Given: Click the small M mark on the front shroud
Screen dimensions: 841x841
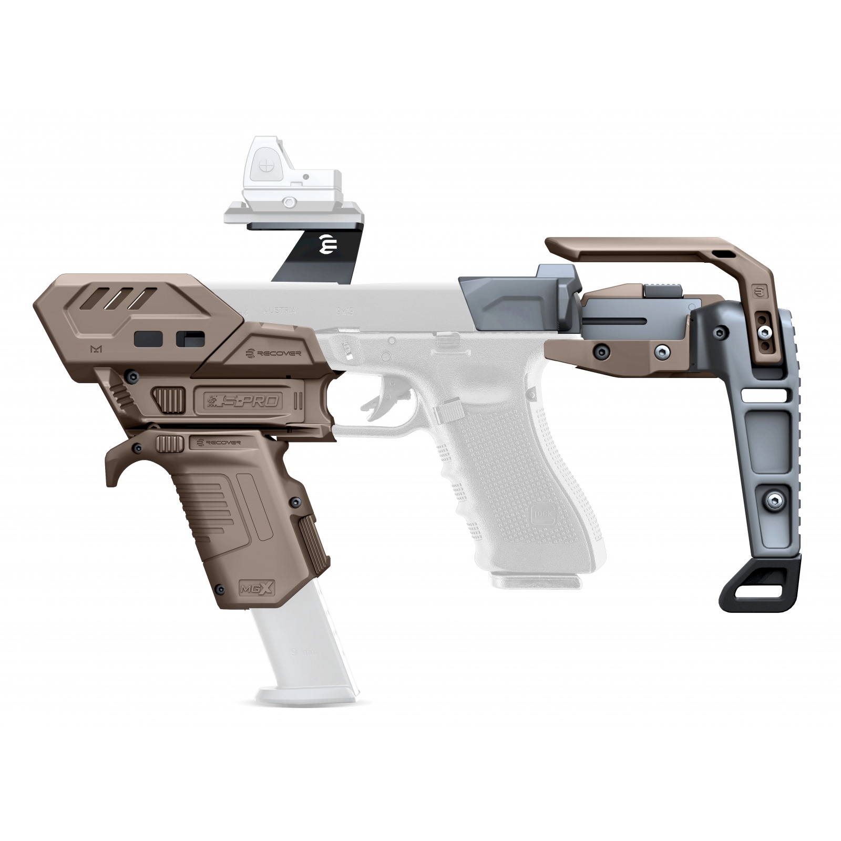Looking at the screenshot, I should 80,348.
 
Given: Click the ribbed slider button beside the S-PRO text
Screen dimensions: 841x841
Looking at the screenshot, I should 169,399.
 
